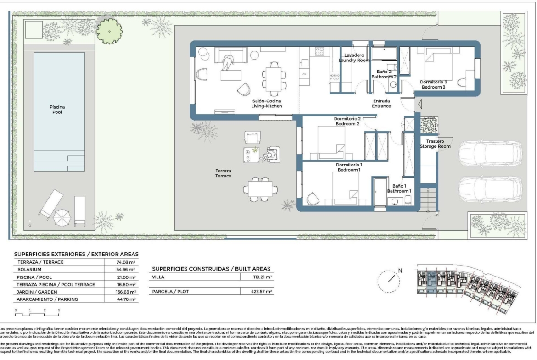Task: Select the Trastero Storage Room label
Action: [x=435, y=144]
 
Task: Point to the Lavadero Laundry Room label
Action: [x=354, y=57]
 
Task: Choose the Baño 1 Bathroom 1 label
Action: [x=399, y=188]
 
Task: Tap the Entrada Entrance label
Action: [x=381, y=103]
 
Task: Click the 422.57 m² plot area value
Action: [x=262, y=291]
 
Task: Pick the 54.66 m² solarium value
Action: [x=126, y=270]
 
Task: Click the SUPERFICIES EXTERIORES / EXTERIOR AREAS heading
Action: [x=76, y=254]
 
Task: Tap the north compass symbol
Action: [x=392, y=277]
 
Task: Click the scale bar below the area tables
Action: [x=37, y=313]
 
